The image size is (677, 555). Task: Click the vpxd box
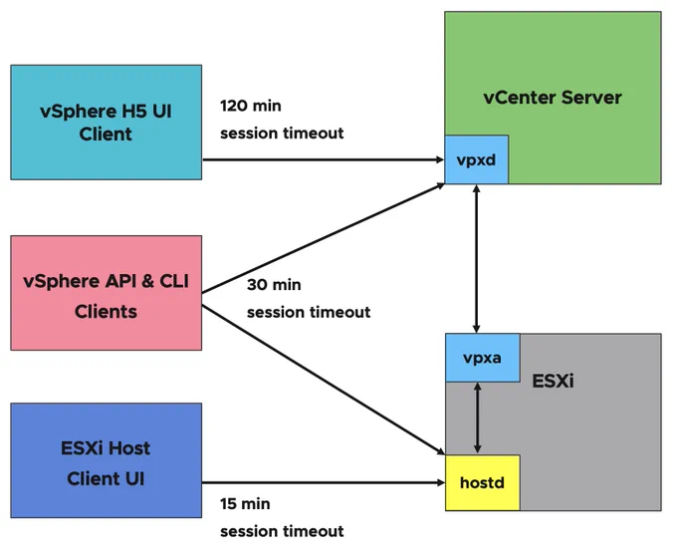(x=476, y=159)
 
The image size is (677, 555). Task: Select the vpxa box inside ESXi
(x=482, y=358)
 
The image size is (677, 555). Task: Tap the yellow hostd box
(x=482, y=482)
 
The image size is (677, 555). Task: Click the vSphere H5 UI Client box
(x=107, y=123)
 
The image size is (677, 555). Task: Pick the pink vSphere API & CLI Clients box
(x=107, y=293)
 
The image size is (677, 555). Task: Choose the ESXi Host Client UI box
(x=107, y=460)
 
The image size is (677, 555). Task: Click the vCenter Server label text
(x=553, y=98)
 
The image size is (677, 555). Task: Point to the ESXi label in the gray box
(x=554, y=381)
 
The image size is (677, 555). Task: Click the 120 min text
(x=251, y=106)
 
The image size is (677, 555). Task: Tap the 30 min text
(x=274, y=285)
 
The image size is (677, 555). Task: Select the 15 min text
(x=245, y=503)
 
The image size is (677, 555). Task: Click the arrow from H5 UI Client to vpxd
(x=324, y=160)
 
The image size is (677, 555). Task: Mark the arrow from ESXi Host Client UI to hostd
(x=324, y=482)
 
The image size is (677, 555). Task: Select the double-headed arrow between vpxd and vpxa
(x=476, y=258)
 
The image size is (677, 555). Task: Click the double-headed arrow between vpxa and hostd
(x=477, y=417)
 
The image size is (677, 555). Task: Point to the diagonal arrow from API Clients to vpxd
(x=324, y=238)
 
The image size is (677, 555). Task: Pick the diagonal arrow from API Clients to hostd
(x=324, y=380)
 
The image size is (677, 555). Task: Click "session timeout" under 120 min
(x=282, y=134)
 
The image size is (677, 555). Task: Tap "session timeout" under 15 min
(x=282, y=531)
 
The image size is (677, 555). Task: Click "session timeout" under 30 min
(x=309, y=312)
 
